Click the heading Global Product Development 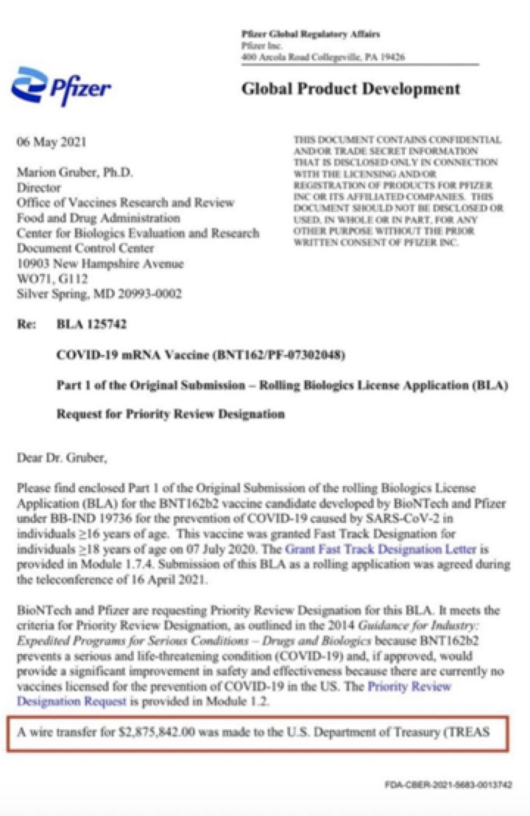click(x=350, y=89)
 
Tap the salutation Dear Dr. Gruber click(x=62, y=458)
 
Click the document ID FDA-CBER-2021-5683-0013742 click(x=448, y=785)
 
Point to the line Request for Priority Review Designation click(x=170, y=414)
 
